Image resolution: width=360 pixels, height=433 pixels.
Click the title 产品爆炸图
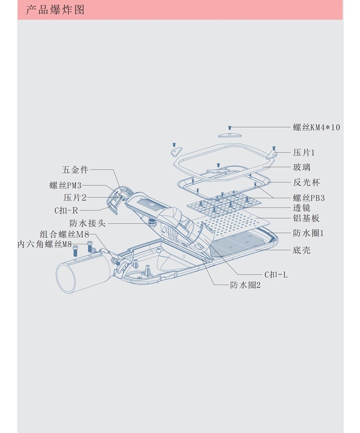(x=55, y=10)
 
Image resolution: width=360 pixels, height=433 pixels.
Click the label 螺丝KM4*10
(x=316, y=127)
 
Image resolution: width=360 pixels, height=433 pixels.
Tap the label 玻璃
(x=302, y=168)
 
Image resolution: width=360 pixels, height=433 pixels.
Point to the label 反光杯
(x=306, y=182)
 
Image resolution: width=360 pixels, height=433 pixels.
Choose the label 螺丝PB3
(x=309, y=197)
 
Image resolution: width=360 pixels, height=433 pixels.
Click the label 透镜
(x=302, y=208)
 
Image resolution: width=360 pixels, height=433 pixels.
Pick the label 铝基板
(x=306, y=218)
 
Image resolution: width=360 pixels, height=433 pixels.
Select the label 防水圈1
(x=309, y=233)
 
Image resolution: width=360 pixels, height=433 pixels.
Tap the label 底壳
(x=302, y=250)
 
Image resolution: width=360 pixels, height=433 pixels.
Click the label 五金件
(x=75, y=169)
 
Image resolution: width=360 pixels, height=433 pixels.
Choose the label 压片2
(x=75, y=198)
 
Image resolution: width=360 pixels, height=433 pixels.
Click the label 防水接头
(x=87, y=223)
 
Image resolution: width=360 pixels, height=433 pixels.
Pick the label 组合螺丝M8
(x=64, y=235)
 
